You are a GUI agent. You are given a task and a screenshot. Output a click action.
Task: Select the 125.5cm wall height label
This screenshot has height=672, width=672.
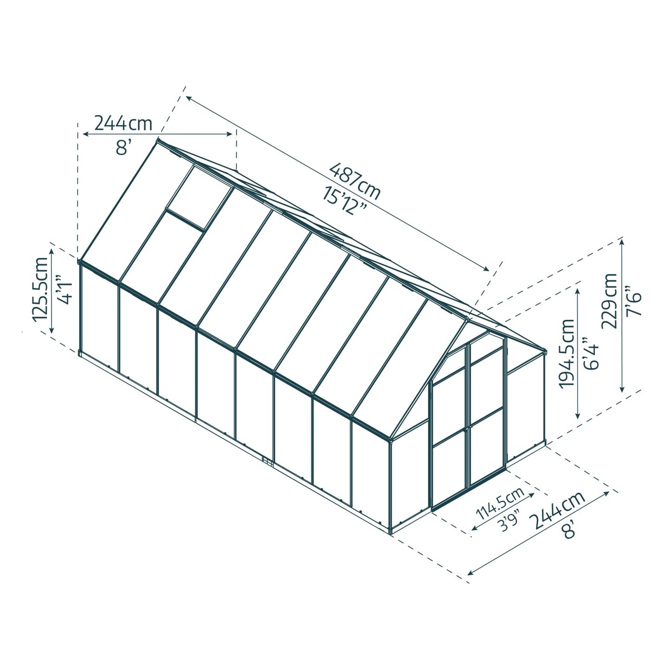pos(40,289)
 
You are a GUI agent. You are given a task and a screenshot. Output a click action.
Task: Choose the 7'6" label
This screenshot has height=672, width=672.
pos(634,304)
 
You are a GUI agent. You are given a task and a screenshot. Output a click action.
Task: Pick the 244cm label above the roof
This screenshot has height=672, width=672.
pos(123,123)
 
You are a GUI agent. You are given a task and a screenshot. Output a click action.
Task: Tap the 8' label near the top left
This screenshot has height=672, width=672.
pos(121,148)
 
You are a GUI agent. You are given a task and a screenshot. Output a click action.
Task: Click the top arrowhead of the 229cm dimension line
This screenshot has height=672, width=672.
pos(622,241)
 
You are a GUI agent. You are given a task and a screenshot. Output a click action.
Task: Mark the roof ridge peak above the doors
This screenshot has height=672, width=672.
pos(466,319)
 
